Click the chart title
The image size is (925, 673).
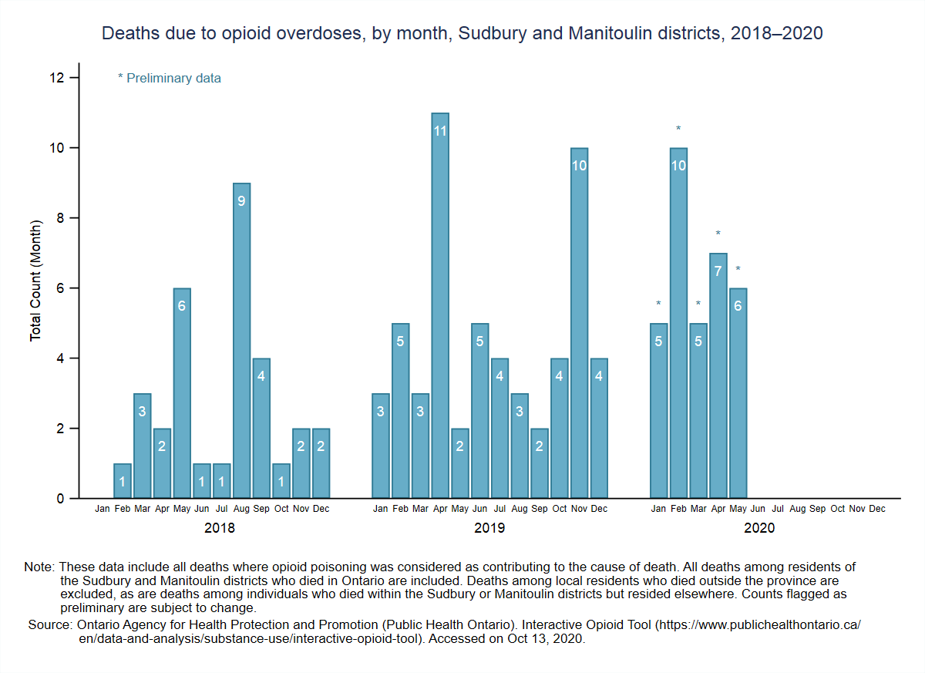(462, 34)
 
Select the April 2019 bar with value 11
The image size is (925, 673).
(440, 308)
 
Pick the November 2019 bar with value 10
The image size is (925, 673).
(579, 324)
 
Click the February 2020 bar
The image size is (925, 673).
(678, 324)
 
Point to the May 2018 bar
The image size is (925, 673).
(182, 393)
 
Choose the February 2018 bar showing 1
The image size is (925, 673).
(123, 481)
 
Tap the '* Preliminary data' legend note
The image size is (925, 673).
(170, 78)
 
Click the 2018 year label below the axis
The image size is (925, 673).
(220, 529)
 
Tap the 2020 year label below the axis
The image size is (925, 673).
(759, 529)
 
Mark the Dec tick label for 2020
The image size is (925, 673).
(877, 509)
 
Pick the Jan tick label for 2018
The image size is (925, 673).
(103, 509)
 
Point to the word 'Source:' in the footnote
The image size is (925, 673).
(50, 625)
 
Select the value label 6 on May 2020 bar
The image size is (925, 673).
(738, 306)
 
